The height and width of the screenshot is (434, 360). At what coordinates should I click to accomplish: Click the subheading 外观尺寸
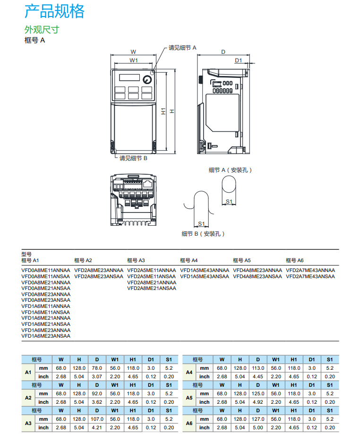[42, 30]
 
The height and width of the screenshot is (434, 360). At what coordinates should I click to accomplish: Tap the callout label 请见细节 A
[182, 48]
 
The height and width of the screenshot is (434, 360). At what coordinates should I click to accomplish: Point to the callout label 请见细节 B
[133, 158]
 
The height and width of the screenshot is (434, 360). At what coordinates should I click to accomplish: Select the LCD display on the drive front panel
[129, 78]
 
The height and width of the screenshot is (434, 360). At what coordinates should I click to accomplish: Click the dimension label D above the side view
[223, 52]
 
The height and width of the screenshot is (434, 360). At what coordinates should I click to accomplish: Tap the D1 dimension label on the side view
[238, 60]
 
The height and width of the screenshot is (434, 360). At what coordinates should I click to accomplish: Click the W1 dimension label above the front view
[133, 60]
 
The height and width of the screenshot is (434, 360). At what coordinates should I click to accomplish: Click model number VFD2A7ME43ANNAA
[310, 271]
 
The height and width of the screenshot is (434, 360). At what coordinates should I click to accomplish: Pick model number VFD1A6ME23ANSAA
[46, 336]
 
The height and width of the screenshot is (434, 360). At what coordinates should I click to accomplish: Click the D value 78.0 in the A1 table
[97, 368]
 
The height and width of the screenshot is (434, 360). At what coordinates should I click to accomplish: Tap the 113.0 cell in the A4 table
[257, 368]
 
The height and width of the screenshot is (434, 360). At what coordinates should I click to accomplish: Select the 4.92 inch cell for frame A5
[257, 402]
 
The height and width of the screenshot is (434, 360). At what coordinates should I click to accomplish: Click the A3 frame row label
[28, 423]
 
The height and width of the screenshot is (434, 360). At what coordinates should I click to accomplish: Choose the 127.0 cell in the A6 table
[257, 419]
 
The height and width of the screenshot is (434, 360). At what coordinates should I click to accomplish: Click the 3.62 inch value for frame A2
[97, 402]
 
